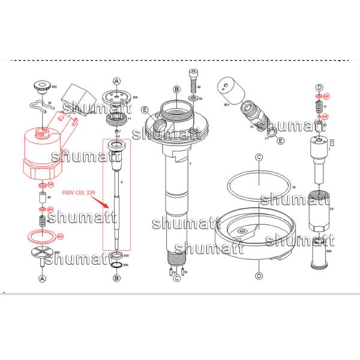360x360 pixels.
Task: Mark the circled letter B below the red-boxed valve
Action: pos(116,278)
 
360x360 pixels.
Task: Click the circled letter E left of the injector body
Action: pos(145,110)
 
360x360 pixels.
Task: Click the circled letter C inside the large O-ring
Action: pos(259,158)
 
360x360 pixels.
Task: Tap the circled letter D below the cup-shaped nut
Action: pos(259,275)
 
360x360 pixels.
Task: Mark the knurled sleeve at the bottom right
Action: pos(319,253)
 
